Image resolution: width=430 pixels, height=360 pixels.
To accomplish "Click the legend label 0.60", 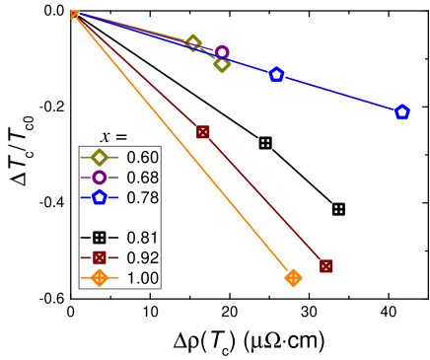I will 143,157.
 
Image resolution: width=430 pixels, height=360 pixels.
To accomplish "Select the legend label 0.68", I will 143,178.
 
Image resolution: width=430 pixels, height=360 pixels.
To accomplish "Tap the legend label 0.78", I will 143,197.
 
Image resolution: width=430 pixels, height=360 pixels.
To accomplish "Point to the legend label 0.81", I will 143,238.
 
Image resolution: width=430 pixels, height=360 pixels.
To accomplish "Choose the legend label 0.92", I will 143,258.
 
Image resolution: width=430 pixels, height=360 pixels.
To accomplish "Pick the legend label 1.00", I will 143,278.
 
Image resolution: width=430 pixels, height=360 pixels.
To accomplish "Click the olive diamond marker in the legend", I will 99,157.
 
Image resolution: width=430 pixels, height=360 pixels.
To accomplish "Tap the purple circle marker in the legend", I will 99,178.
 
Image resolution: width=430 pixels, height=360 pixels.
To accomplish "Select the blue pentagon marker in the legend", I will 99,197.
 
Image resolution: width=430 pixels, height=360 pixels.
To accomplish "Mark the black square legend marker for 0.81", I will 99,238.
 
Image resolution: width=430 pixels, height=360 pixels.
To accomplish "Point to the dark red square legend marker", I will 99,258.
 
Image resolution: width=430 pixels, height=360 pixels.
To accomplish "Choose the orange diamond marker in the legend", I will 99,278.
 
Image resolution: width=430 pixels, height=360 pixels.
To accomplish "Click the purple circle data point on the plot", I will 222,52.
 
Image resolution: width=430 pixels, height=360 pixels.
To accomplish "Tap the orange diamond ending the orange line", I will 293,278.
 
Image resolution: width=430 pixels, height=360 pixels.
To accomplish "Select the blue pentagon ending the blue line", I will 402,112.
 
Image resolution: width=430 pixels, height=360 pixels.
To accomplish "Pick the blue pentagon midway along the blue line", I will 276,74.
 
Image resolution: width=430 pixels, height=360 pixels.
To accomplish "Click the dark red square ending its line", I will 326,266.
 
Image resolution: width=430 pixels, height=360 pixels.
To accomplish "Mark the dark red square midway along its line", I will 203,132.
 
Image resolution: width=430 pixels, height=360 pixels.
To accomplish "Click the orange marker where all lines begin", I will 75,14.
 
